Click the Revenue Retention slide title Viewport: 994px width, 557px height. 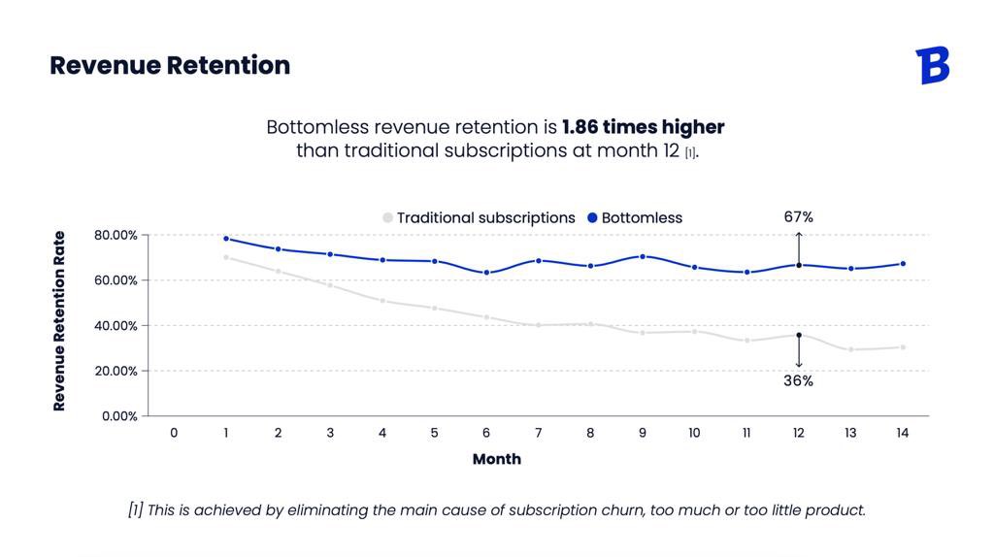pyautogui.click(x=170, y=65)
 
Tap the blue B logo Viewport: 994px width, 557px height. pyautogui.click(x=933, y=65)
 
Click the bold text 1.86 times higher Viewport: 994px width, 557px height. pyautogui.click(x=643, y=127)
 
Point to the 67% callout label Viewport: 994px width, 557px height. pyautogui.click(x=798, y=217)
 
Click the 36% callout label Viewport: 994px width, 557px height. pyautogui.click(x=798, y=381)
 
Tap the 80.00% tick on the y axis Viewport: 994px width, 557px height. pyautogui.click(x=116, y=235)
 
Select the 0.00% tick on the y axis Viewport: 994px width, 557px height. pyautogui.click(x=119, y=415)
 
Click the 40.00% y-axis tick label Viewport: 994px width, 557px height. pyautogui.click(x=116, y=325)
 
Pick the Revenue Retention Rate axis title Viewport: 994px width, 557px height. pyautogui.click(x=60, y=321)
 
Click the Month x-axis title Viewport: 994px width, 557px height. pyautogui.click(x=496, y=459)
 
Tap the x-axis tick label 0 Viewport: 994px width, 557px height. pyautogui.click(x=174, y=433)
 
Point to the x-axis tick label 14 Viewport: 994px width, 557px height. pyautogui.click(x=902, y=433)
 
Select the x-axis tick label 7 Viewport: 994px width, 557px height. pyautogui.click(x=538, y=433)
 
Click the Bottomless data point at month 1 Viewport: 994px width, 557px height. pyautogui.click(x=226, y=239)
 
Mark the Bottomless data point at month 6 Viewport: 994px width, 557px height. pyautogui.click(x=486, y=273)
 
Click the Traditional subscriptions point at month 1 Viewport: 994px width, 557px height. pyautogui.click(x=226, y=257)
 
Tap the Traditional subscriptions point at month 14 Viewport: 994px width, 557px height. pyautogui.click(x=902, y=347)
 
